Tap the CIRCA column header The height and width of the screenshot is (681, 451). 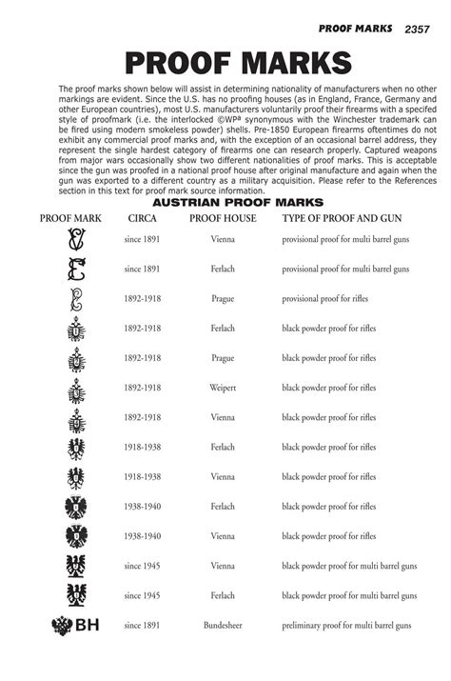142,219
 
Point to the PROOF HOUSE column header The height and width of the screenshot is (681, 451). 223,219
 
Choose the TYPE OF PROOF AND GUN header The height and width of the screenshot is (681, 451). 342,219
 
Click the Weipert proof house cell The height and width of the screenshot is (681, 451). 223,388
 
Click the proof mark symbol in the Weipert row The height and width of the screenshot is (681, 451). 75,389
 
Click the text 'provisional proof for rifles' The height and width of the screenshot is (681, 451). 329,299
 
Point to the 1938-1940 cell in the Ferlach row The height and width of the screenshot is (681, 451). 142,507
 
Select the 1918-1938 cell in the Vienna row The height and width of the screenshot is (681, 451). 142,476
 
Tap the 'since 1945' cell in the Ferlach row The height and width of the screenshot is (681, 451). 142,595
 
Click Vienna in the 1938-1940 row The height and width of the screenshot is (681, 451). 223,536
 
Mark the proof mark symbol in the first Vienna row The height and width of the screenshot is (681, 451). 75,240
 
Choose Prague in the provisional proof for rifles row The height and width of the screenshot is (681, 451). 223,299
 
